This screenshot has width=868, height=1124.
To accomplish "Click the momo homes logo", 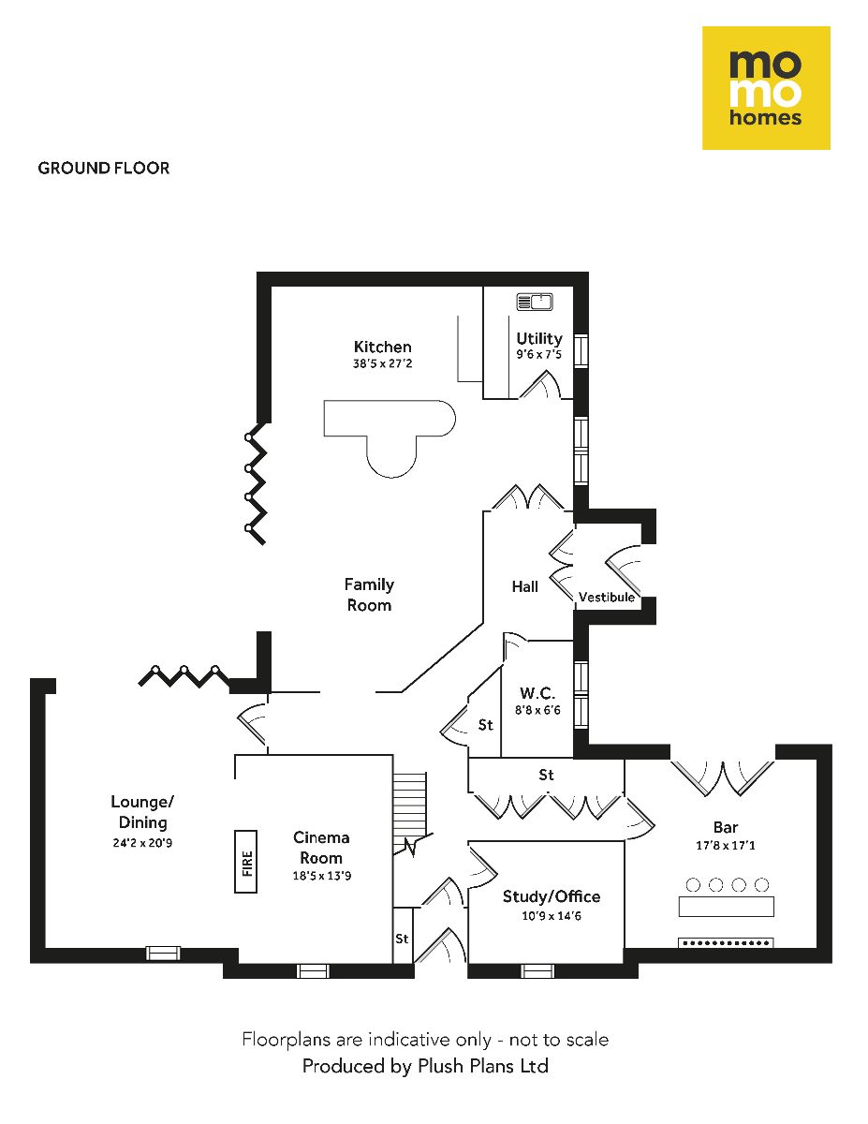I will pyautogui.click(x=766, y=88).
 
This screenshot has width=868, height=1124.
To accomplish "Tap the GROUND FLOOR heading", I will pyautogui.click(x=104, y=169).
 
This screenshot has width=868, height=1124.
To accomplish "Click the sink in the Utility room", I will pyautogui.click(x=535, y=302).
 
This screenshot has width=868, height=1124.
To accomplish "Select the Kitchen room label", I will pyautogui.click(x=382, y=347).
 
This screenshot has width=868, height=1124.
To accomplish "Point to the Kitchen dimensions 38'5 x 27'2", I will pyautogui.click(x=382, y=364).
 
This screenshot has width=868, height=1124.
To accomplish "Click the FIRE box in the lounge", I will pyautogui.click(x=246, y=861).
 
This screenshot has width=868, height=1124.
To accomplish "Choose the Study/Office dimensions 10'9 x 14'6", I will pyautogui.click(x=551, y=915).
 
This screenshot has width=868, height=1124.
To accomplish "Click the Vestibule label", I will pyautogui.click(x=607, y=598).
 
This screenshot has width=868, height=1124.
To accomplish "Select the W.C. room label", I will pyautogui.click(x=537, y=694).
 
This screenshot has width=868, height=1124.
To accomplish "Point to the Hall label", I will pyautogui.click(x=525, y=586).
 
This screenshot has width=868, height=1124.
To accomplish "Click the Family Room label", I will pyautogui.click(x=369, y=595).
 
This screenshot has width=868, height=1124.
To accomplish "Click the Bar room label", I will pyautogui.click(x=726, y=828).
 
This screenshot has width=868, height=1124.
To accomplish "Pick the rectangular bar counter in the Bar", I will pyautogui.click(x=727, y=907).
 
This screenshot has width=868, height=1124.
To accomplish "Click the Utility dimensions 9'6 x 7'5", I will pyautogui.click(x=539, y=355).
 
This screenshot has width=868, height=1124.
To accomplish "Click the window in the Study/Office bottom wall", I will pyautogui.click(x=538, y=971).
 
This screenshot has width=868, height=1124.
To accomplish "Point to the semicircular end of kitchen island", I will pyautogui.click(x=390, y=459).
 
